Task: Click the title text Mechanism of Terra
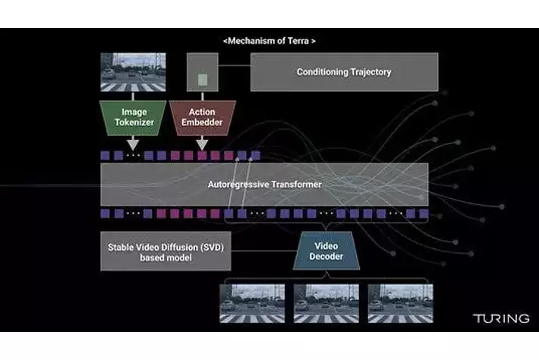click(x=269, y=40)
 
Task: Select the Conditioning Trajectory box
click(x=344, y=72)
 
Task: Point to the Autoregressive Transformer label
click(x=264, y=185)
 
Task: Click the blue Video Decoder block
click(x=326, y=251)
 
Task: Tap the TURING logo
click(x=501, y=318)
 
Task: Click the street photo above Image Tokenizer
click(x=132, y=72)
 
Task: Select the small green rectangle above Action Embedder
click(x=202, y=79)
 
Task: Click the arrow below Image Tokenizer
click(x=133, y=142)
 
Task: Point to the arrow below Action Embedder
click(x=202, y=142)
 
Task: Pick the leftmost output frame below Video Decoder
click(x=253, y=303)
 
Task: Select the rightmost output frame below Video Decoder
click(x=400, y=303)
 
